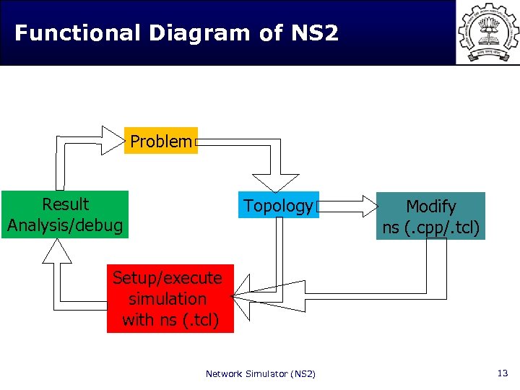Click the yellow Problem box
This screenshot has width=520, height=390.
(161, 142)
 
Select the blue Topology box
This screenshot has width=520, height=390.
(278, 206)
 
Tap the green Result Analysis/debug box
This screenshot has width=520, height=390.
(65, 214)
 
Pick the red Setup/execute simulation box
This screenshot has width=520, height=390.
(170, 298)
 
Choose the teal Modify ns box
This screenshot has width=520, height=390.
(430, 217)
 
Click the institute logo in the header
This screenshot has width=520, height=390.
(488, 32)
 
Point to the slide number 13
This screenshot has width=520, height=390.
(503, 373)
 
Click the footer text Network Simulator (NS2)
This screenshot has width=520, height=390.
(260, 373)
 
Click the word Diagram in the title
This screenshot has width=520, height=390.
(191, 33)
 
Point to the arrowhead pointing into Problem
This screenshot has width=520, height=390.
(113, 141)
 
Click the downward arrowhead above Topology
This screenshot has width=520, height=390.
(274, 183)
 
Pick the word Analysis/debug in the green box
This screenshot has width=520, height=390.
(65, 225)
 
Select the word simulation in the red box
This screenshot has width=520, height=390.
(168, 298)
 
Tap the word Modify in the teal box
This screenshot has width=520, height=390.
(431, 207)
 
